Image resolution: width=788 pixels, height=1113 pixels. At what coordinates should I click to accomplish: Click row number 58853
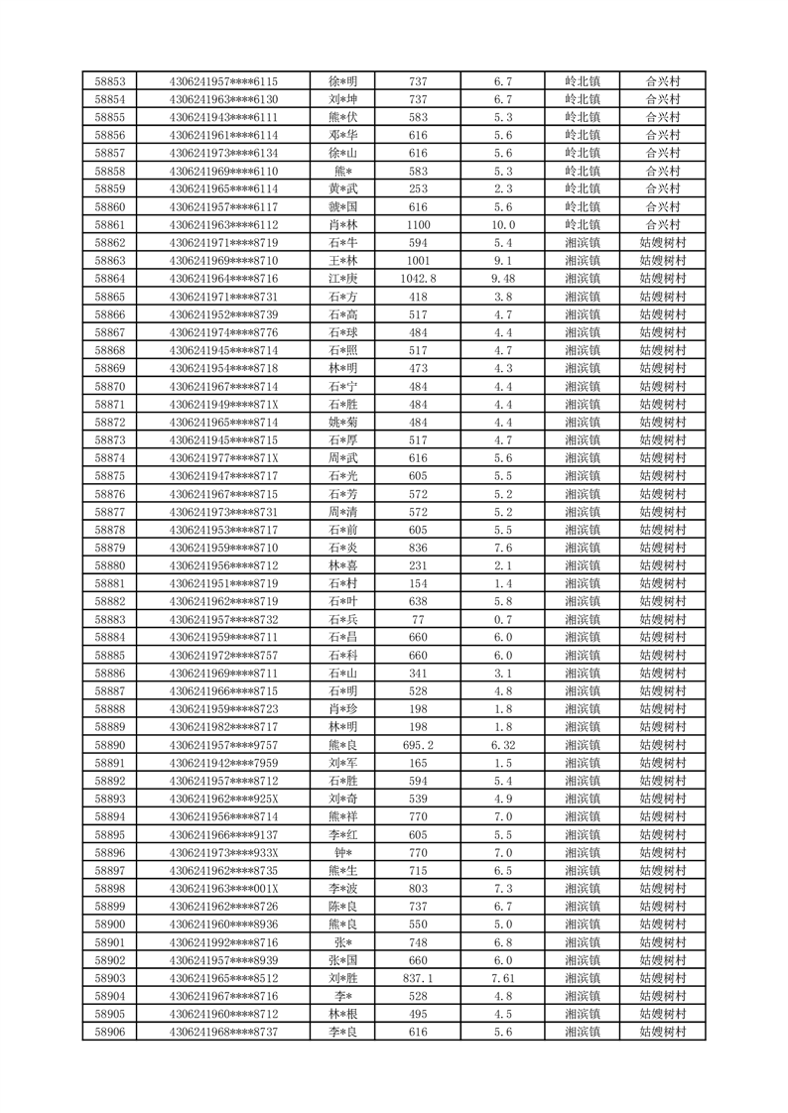point(109,81)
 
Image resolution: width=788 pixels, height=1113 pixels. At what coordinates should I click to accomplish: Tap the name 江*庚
point(342,279)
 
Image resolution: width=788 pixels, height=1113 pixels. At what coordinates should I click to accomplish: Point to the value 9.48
point(502,279)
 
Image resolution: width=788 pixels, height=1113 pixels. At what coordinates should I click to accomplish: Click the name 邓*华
point(342,135)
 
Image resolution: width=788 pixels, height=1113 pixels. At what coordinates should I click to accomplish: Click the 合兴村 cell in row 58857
point(662,153)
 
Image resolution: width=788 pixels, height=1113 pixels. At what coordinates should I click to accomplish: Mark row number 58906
point(109,1032)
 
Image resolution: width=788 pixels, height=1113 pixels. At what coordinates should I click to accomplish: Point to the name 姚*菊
point(342,423)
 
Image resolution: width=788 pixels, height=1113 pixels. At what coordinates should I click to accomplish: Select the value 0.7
point(502,619)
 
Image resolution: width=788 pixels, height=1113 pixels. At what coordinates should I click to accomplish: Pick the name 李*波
point(342,889)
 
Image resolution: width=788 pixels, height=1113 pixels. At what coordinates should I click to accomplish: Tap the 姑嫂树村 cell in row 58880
point(662,565)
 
